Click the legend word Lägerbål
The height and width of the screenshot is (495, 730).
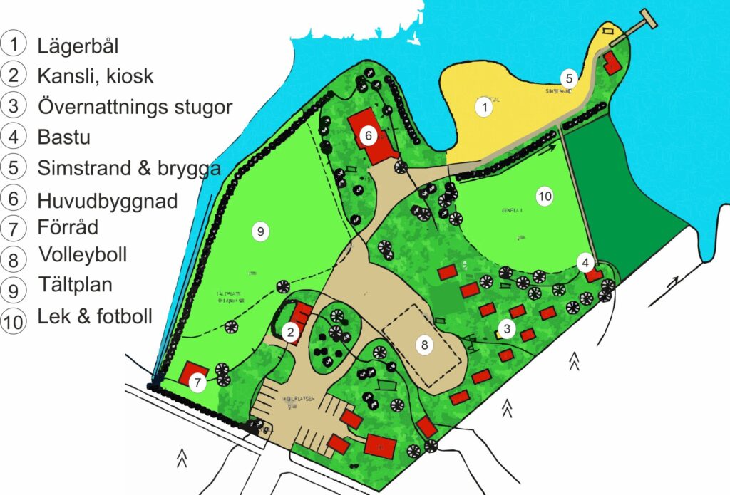(x=77, y=46)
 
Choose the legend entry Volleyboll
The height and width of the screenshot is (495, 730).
(x=83, y=254)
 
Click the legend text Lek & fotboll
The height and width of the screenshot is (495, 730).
(x=95, y=316)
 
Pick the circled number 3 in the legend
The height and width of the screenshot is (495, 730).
(x=14, y=106)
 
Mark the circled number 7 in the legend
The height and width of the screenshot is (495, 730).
(x=14, y=229)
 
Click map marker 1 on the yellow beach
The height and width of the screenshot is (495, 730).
(x=484, y=108)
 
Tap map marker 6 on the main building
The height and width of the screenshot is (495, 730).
(x=368, y=135)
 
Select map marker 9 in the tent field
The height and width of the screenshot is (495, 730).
(x=261, y=231)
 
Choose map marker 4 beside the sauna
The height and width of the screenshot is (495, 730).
(x=585, y=263)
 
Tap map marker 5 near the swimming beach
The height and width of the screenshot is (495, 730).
(x=568, y=78)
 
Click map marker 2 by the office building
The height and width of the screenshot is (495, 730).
(x=290, y=330)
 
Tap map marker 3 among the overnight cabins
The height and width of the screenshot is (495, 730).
(x=506, y=328)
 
